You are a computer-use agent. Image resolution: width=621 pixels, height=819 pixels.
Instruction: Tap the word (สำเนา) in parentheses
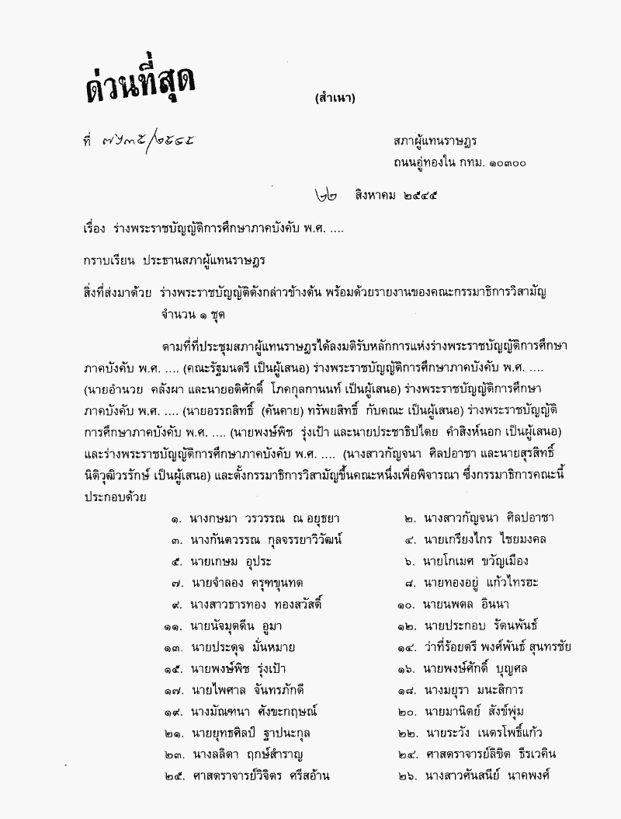(x=335, y=98)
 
